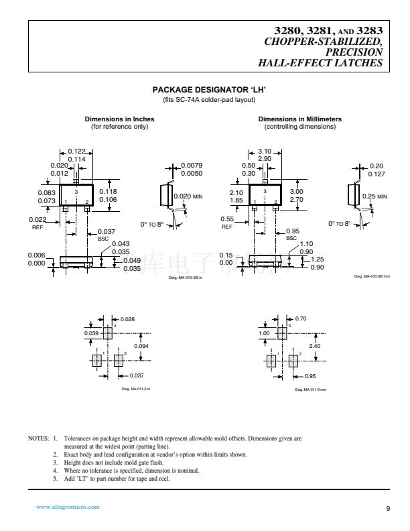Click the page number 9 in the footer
388,508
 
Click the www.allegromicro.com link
68,507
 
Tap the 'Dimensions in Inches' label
119,119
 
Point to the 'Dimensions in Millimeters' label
299,119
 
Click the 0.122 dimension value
77,151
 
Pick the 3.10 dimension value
264,151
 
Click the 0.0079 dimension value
192,165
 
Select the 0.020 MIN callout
188,196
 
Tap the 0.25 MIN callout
373,196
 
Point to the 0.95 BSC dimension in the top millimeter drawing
292,232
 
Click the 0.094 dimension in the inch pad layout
141,345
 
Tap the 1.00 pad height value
264,333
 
